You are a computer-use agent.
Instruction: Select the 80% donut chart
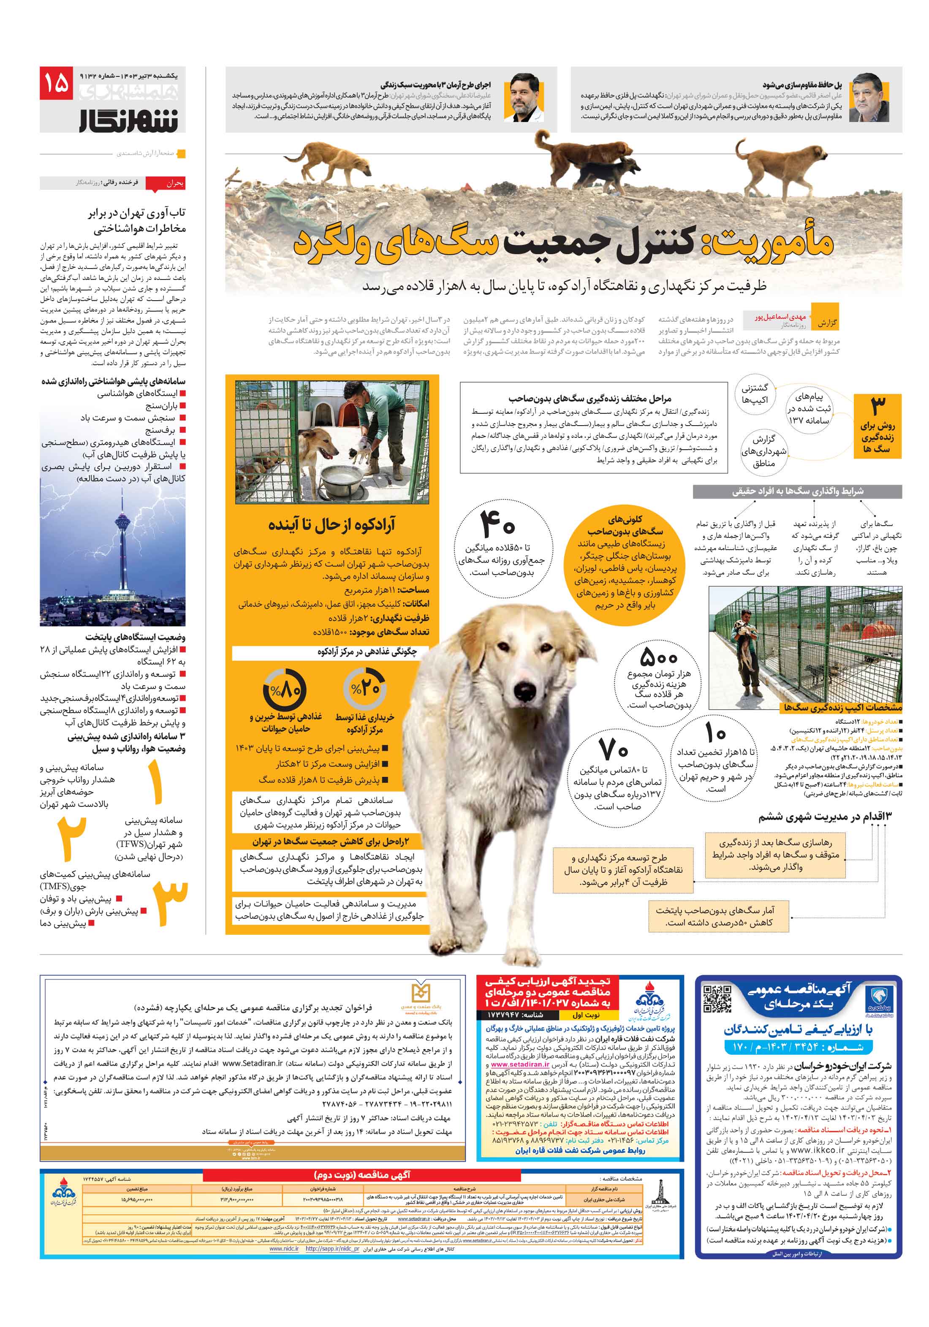[284, 689]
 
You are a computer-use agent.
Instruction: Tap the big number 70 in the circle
[614, 751]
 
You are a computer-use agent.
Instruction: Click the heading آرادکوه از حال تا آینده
[331, 525]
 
